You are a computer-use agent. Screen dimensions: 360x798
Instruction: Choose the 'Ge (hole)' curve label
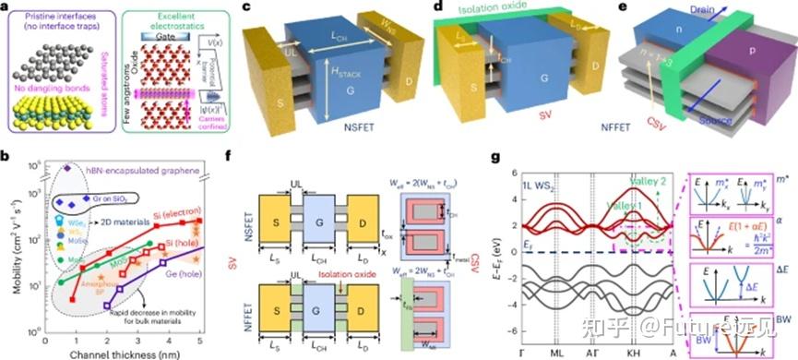(217, 272)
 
